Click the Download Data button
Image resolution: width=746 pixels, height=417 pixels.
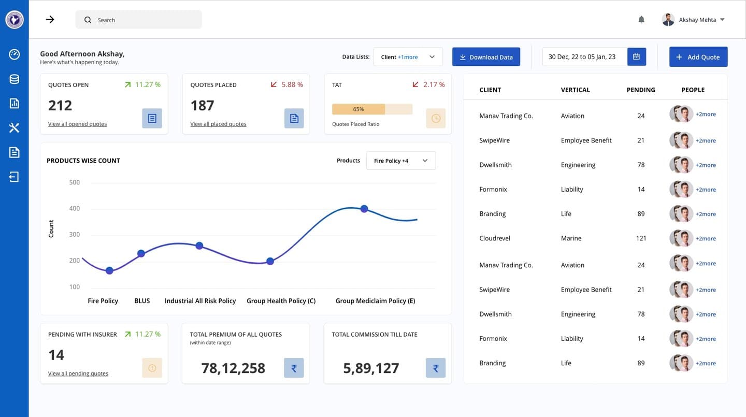click(486, 57)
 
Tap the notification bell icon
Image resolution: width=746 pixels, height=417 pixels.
click(641, 20)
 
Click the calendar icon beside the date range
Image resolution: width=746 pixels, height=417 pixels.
click(636, 56)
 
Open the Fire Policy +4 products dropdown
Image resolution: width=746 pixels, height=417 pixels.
click(401, 161)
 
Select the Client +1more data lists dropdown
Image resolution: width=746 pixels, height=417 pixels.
click(408, 57)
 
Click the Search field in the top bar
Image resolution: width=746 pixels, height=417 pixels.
click(138, 20)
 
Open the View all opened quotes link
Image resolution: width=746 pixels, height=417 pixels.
click(77, 124)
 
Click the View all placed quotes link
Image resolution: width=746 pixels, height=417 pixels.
click(218, 124)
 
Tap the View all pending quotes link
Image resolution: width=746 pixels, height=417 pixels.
click(78, 373)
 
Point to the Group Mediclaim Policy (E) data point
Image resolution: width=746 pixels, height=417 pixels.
click(364, 209)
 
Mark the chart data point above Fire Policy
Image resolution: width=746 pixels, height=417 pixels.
click(109, 271)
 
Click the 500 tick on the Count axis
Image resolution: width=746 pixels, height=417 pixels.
click(74, 182)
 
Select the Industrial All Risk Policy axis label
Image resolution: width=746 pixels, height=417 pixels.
click(200, 301)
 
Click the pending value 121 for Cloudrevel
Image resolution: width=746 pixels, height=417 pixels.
click(641, 238)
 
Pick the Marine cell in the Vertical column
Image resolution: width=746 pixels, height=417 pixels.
click(571, 238)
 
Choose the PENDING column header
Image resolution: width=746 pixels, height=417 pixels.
click(641, 90)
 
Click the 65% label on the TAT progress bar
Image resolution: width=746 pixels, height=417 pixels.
click(358, 109)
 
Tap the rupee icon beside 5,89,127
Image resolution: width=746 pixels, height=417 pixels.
click(435, 368)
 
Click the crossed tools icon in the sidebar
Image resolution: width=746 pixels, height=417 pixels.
click(14, 127)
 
